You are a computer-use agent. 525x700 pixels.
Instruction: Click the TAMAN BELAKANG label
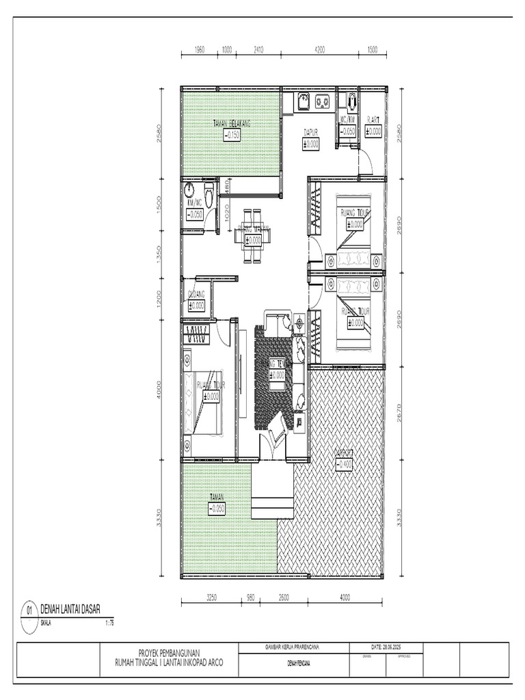click(232, 124)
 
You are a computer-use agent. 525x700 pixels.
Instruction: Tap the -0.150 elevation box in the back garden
click(232, 135)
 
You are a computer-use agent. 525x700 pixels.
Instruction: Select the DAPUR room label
click(311, 133)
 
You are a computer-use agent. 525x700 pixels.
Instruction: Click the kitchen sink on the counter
click(304, 103)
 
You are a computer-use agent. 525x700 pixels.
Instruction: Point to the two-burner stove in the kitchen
click(322, 103)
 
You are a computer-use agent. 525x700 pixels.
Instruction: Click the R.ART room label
click(373, 120)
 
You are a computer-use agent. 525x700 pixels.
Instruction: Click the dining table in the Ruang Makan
click(252, 236)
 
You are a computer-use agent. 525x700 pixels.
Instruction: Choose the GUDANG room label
click(196, 295)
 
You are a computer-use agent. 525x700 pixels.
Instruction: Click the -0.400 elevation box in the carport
click(345, 465)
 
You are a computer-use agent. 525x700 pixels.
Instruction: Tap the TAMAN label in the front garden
click(217, 498)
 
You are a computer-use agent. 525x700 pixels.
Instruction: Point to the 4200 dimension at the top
click(319, 50)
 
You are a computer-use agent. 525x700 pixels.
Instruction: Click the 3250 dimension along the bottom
click(211, 597)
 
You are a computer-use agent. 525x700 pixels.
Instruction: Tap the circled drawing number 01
click(29, 609)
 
